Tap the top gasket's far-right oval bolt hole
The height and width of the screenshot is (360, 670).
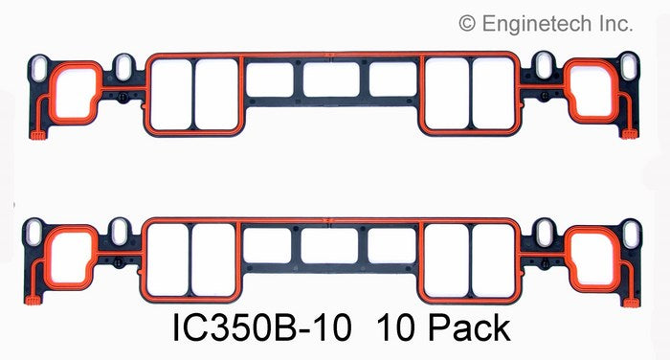pyautogui.click(x=631, y=70)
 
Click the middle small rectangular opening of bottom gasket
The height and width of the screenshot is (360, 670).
pyautogui.click(x=332, y=245)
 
